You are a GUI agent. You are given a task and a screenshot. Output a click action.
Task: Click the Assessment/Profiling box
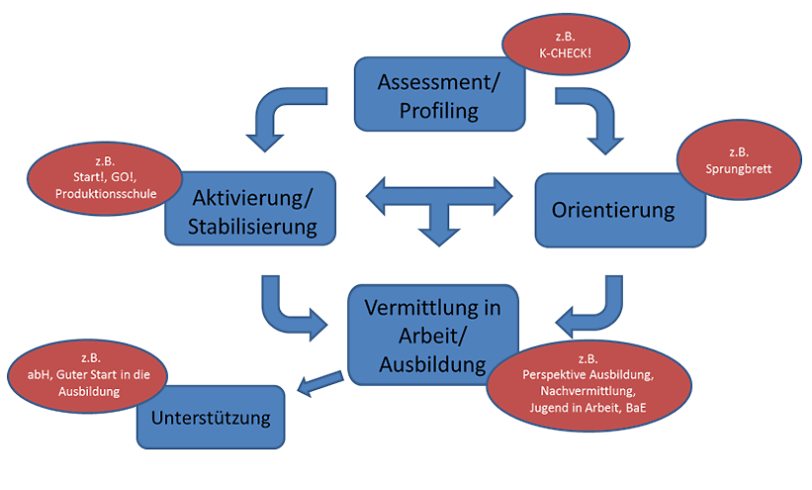click(x=438, y=95)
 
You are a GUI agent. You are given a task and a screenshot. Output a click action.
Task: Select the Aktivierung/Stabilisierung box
click(x=253, y=210)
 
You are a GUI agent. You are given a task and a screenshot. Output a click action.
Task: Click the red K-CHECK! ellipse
click(x=566, y=45)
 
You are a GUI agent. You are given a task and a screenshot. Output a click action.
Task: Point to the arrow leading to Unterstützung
click(x=318, y=384)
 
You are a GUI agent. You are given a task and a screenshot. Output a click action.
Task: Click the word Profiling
click(x=438, y=110)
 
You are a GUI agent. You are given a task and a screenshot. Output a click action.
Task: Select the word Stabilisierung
click(x=253, y=227)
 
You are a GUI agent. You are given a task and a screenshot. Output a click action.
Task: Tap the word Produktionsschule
click(x=106, y=194)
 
